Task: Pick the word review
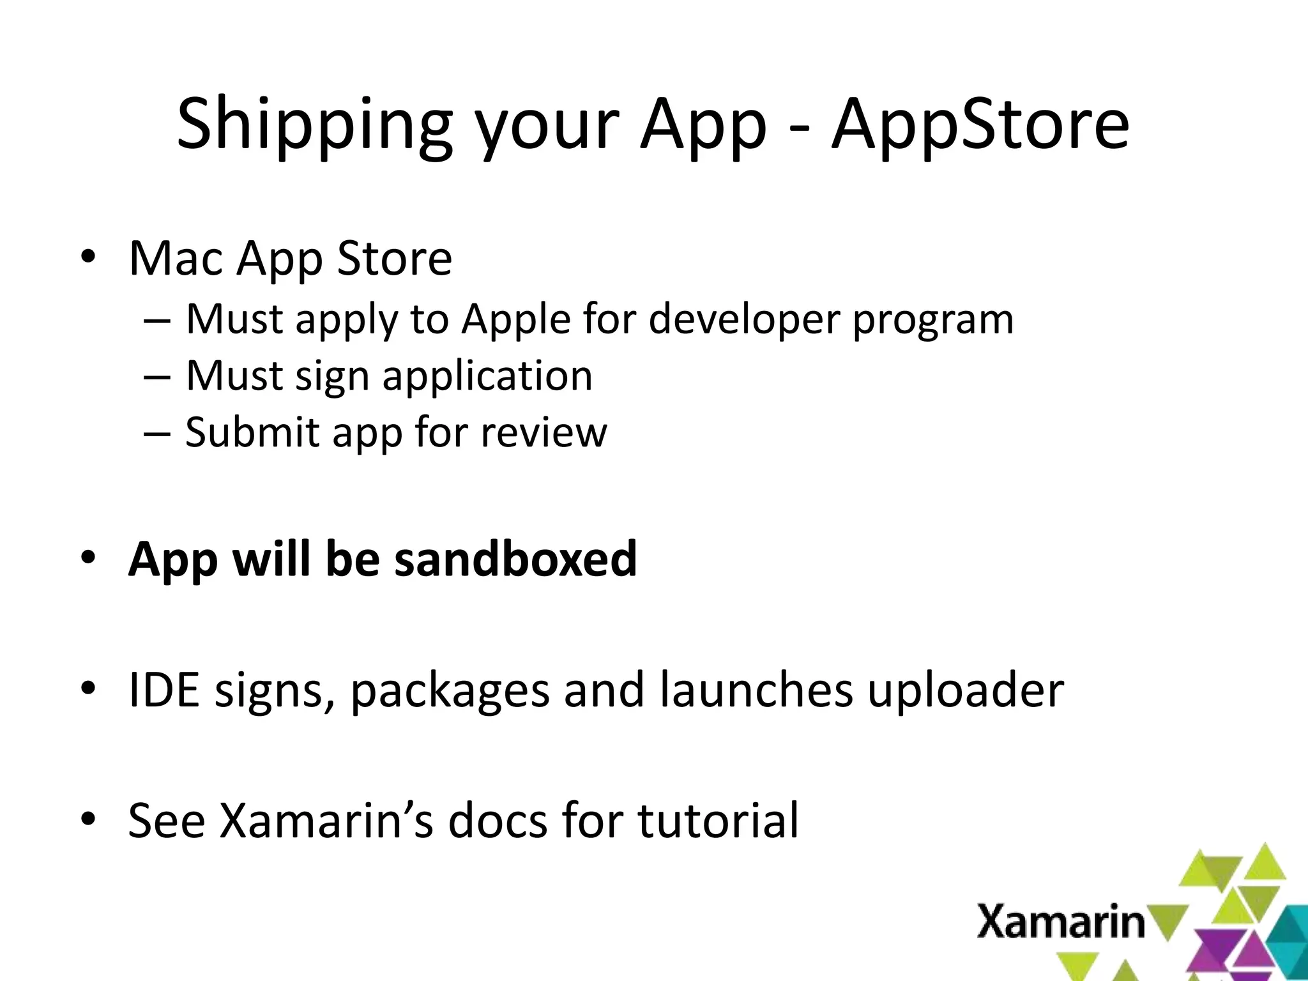click(544, 432)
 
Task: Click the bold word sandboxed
click(515, 558)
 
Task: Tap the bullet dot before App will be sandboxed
click(88, 558)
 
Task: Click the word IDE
click(163, 690)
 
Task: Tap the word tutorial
click(718, 820)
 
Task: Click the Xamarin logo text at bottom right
click(1061, 922)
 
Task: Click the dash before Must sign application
click(157, 377)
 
